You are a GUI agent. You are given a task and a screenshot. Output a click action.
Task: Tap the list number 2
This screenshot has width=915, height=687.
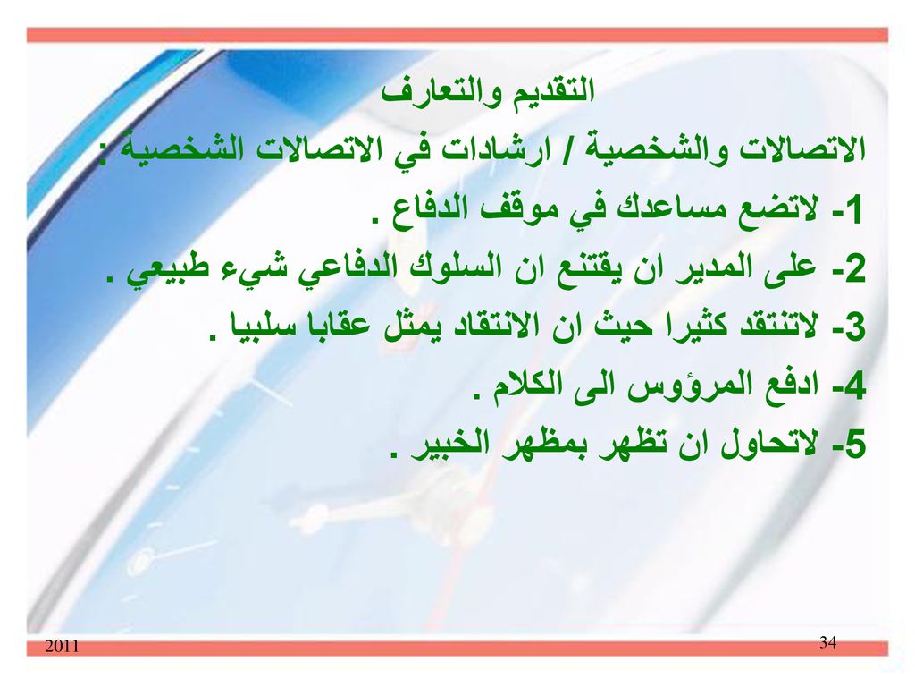tap(852, 269)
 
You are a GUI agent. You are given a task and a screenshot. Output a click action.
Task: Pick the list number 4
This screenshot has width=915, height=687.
tap(852, 386)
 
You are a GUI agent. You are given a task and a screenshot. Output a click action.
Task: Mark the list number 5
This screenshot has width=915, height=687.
tap(852, 445)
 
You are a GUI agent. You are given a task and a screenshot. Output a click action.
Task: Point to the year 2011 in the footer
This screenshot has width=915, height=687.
tap(62, 646)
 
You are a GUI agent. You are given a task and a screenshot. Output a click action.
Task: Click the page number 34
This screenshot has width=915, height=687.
tap(827, 642)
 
